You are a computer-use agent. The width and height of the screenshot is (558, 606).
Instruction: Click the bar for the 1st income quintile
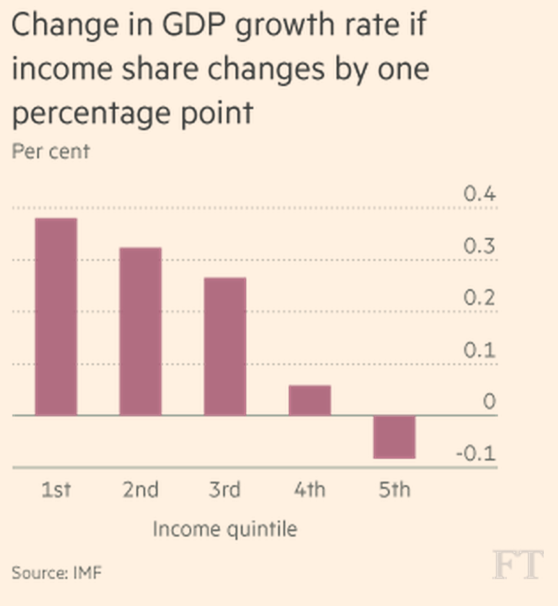click(x=56, y=317)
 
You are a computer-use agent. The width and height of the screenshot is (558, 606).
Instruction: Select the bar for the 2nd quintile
click(x=140, y=331)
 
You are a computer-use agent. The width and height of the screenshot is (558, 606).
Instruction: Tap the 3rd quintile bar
click(x=225, y=346)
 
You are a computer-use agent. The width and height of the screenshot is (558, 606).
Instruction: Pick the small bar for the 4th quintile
click(x=310, y=400)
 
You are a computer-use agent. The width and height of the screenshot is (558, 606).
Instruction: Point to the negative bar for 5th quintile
click(x=394, y=437)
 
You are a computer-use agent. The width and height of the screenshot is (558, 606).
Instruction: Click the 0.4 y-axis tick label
click(x=480, y=193)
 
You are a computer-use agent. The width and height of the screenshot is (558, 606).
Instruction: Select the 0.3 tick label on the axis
click(x=480, y=246)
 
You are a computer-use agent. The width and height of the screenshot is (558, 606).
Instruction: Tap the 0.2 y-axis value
click(x=480, y=298)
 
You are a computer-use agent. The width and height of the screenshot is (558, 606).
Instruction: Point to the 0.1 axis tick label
click(x=480, y=350)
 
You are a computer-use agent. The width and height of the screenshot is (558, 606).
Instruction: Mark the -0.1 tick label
click(x=476, y=454)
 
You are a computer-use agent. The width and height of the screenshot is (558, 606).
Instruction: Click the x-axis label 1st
click(x=56, y=490)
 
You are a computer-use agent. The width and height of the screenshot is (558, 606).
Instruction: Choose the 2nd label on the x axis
click(x=140, y=490)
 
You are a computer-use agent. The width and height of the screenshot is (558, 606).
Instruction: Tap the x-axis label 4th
click(x=310, y=490)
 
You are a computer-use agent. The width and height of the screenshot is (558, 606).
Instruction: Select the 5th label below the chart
click(x=394, y=490)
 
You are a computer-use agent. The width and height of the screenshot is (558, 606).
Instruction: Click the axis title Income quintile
click(x=225, y=529)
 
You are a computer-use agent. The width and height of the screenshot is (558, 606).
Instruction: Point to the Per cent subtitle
click(x=51, y=151)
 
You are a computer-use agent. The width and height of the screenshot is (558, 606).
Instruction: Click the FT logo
click(x=517, y=565)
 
